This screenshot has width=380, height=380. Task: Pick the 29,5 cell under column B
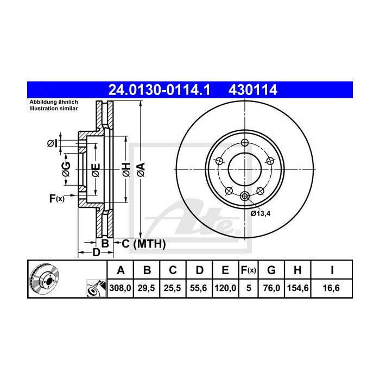pyautogui.click(x=147, y=289)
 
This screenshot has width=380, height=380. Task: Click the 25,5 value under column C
pyautogui.click(x=172, y=289)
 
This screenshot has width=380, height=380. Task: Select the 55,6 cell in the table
pyautogui.click(x=199, y=289)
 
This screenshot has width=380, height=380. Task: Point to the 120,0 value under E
pyautogui.click(x=225, y=289)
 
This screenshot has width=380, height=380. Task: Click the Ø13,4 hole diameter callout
pyautogui.click(x=261, y=213)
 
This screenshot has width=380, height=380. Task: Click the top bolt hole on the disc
pyautogui.click(x=245, y=143)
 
